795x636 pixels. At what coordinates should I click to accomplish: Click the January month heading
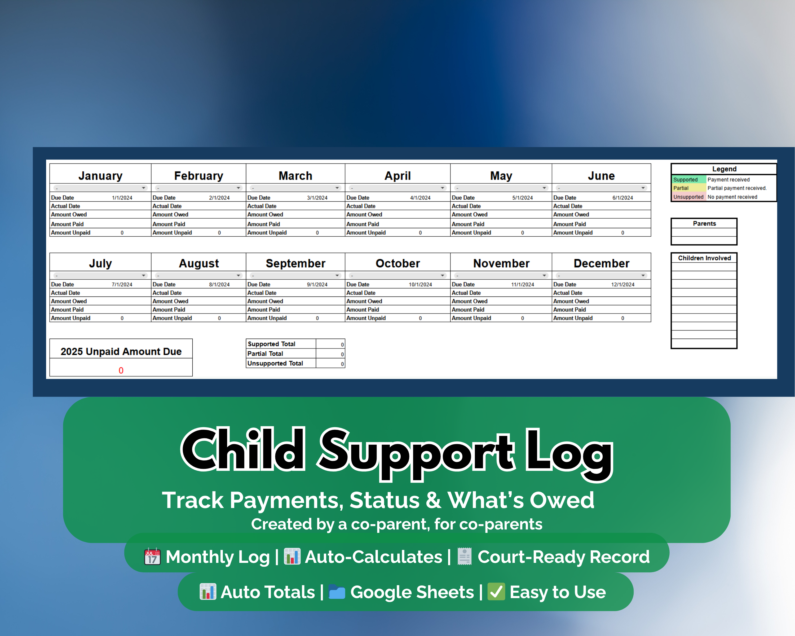click(100, 176)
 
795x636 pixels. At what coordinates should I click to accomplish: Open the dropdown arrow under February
click(238, 188)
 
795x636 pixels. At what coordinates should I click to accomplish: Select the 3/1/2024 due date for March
click(317, 198)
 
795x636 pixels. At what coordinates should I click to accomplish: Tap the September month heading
click(295, 263)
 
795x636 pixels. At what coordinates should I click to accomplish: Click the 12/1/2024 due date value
click(622, 284)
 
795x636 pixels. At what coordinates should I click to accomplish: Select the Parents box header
click(704, 223)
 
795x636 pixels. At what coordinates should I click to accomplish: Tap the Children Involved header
click(704, 258)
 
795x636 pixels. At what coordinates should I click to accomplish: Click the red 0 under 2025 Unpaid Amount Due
click(121, 370)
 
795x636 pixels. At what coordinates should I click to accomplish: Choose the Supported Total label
click(271, 344)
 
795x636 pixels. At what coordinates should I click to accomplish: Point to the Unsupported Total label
click(275, 363)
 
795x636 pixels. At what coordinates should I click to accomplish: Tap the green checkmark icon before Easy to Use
click(496, 592)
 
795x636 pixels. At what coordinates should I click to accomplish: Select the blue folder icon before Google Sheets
click(337, 592)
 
